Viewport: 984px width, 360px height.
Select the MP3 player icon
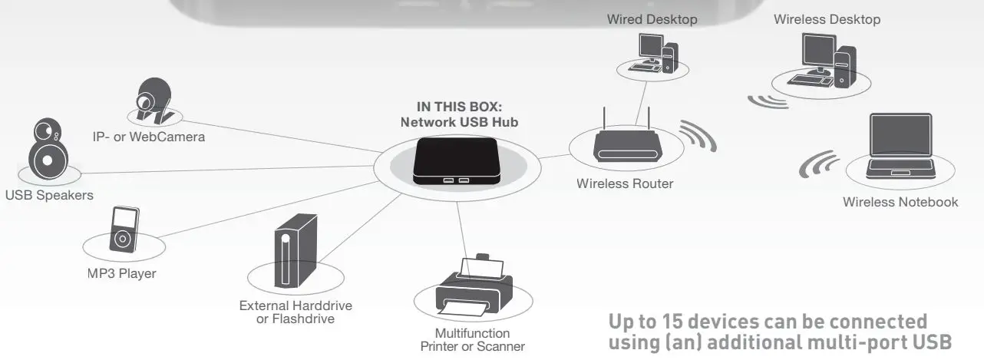pos(122,230)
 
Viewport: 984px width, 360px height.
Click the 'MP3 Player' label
pos(121,273)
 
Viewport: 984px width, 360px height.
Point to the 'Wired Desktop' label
pos(652,19)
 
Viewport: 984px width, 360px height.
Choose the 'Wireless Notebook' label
pos(900,202)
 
